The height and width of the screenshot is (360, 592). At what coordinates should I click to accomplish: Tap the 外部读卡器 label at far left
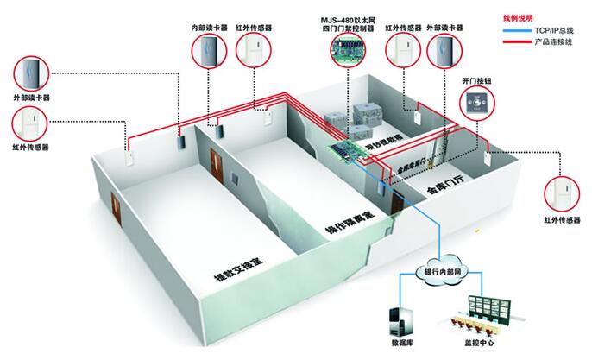click(x=32, y=98)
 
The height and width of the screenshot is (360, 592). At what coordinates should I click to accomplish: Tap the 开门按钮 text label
click(x=475, y=82)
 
